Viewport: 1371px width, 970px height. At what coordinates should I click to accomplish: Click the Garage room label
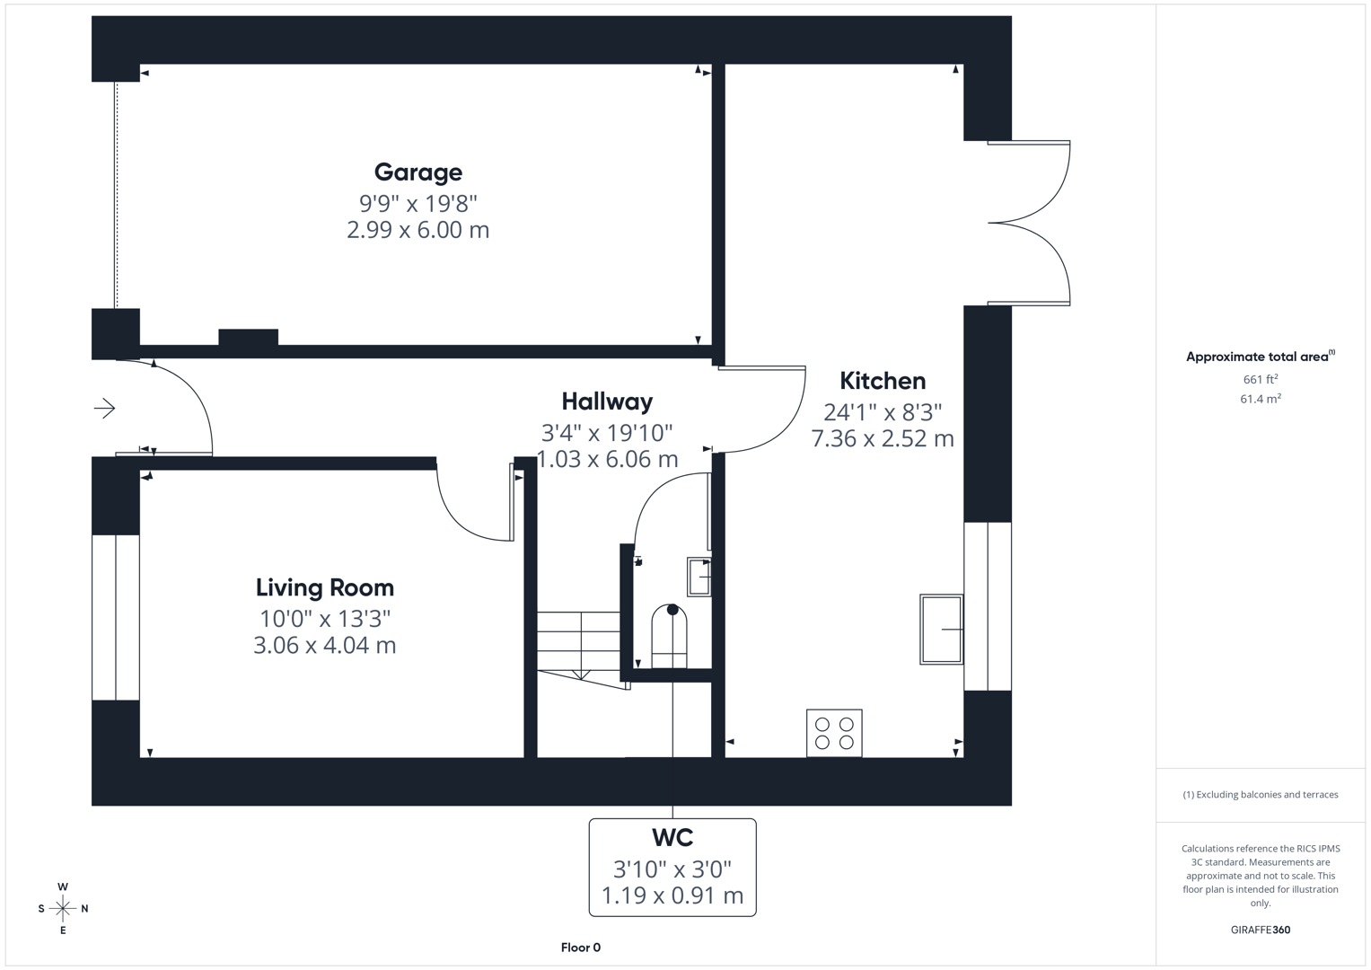(x=417, y=172)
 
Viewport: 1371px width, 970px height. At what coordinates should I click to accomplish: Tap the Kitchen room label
(x=882, y=381)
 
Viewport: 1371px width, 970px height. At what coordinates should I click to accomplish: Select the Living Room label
(x=324, y=587)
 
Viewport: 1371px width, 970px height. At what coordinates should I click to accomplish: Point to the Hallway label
(x=607, y=401)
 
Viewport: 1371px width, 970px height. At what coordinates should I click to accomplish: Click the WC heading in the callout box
(x=672, y=838)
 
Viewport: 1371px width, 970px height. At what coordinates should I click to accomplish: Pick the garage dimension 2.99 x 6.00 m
(x=417, y=230)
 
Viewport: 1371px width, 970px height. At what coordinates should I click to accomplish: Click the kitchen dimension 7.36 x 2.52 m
(x=882, y=438)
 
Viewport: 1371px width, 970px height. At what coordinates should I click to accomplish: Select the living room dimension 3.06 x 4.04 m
(x=324, y=645)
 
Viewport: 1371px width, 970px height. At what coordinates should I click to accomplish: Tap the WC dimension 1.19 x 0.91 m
(x=672, y=895)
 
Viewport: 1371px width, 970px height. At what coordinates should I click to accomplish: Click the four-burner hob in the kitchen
(x=834, y=733)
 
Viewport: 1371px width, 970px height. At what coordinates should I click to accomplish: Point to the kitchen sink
(x=941, y=629)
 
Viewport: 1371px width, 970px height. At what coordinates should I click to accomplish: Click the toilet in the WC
(x=669, y=636)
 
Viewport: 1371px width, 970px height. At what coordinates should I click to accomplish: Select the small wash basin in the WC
(x=699, y=577)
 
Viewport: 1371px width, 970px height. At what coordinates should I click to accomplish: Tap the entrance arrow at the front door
(x=105, y=409)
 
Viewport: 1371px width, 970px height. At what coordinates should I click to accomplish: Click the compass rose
(x=63, y=909)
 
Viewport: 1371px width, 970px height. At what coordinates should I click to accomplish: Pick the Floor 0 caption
(x=580, y=948)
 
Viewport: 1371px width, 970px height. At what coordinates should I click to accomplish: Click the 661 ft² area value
(x=1260, y=379)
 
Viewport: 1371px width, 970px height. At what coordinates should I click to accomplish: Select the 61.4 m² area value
(x=1260, y=399)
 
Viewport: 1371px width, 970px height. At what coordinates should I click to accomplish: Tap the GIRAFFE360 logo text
(x=1260, y=930)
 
